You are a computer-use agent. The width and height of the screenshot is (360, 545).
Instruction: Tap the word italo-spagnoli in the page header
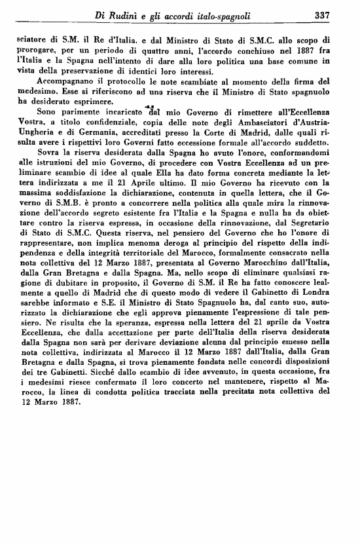pos(222,15)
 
